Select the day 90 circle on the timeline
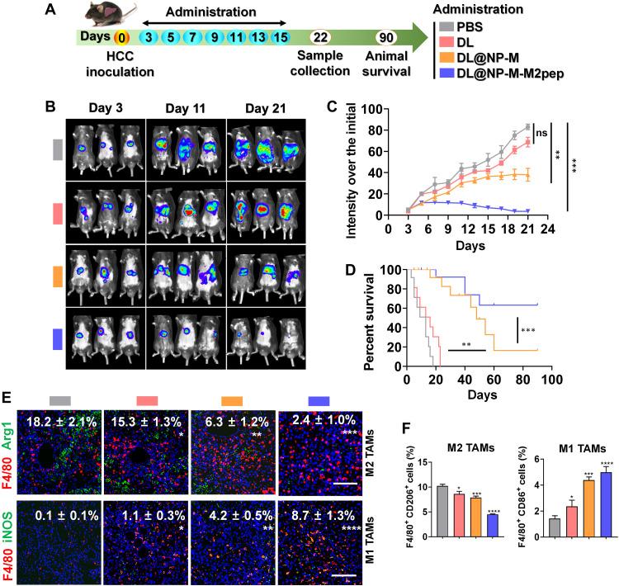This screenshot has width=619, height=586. pos(385,38)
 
